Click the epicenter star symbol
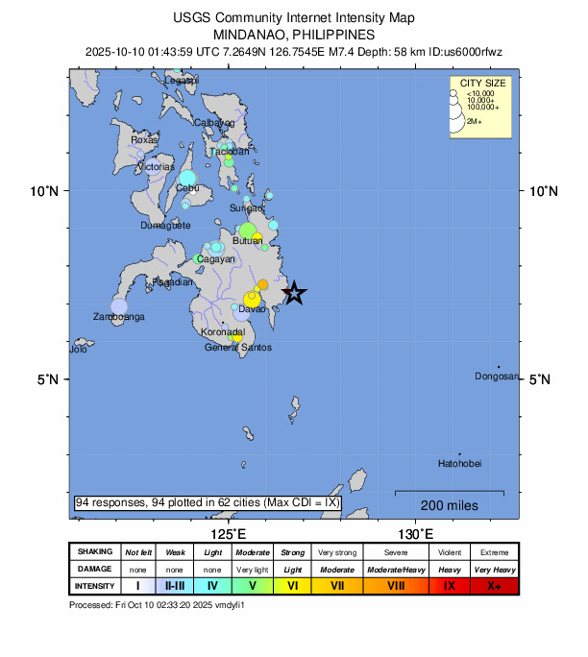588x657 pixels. coord(294,293)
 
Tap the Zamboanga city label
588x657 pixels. coord(118,316)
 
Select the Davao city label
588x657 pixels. coord(252,308)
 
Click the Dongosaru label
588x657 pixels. coord(496,376)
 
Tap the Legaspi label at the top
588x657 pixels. coord(180,81)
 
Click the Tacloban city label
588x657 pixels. coord(229,151)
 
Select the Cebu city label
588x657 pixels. coord(186,188)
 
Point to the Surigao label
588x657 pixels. coord(246,207)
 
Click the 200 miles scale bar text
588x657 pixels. coord(449,505)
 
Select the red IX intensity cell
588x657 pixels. coord(449,585)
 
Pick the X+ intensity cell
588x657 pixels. coord(494,585)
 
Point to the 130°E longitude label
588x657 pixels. coord(416,533)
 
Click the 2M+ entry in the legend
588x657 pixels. coord(475,122)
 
